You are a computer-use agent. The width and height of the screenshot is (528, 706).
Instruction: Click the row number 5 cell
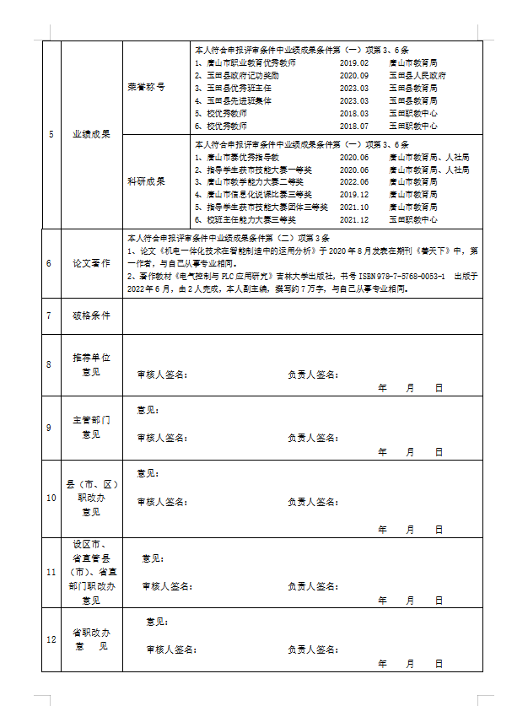tap(51, 134)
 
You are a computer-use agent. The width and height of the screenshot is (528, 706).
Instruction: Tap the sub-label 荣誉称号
tap(146, 88)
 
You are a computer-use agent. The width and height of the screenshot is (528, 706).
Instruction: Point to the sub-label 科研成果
tap(146, 181)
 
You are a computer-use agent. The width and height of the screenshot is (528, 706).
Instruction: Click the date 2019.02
tap(354, 63)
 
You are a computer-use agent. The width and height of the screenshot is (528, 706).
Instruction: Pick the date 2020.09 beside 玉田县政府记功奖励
tap(354, 76)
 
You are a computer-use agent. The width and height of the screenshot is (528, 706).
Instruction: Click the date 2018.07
tap(354, 126)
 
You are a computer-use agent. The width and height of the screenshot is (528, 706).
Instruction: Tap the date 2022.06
tap(354, 181)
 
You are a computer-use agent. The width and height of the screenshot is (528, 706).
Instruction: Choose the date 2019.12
tap(354, 194)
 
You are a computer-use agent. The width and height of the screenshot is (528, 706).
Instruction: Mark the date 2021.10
tap(354, 207)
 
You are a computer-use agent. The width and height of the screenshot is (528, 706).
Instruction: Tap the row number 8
tap(51, 364)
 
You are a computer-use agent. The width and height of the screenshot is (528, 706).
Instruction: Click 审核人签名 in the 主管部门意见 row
tap(162, 438)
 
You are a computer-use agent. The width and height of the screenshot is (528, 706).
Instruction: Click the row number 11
tap(51, 572)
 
